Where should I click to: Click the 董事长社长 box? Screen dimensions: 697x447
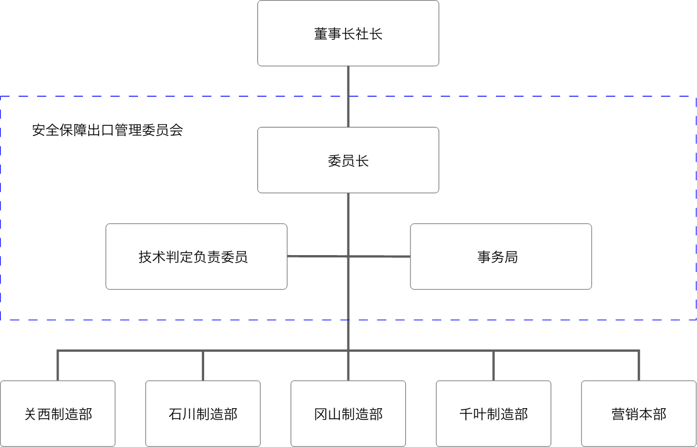[x=348, y=33]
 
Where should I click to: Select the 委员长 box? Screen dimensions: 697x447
[x=348, y=160]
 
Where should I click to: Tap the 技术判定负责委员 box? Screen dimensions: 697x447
[x=197, y=257]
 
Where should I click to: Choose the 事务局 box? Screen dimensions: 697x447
[x=501, y=257]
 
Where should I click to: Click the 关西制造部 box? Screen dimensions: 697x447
[x=58, y=414]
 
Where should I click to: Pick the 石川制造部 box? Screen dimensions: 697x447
[x=203, y=414]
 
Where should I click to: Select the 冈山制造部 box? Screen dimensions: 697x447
[x=348, y=414]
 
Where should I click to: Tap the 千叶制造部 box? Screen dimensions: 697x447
[x=493, y=414]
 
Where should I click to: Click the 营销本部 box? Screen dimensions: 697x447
[x=639, y=414]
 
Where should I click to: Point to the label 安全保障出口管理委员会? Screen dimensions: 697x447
[x=107, y=130]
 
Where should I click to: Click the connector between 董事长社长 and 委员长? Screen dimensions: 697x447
[x=348, y=97]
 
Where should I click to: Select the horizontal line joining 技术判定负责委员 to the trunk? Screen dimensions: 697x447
[x=318, y=256]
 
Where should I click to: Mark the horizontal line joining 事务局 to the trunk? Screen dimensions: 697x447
[x=379, y=257]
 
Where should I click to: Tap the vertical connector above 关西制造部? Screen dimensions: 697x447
[x=58, y=366]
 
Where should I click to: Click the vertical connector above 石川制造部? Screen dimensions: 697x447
[x=203, y=366]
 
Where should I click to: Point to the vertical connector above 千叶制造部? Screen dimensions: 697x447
[x=493, y=366]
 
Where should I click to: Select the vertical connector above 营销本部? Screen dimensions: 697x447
[x=639, y=366]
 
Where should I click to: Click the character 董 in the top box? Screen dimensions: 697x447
[x=321, y=34]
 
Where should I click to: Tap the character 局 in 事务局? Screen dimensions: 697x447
[x=511, y=257]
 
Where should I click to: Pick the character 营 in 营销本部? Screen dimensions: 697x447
[x=618, y=415]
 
